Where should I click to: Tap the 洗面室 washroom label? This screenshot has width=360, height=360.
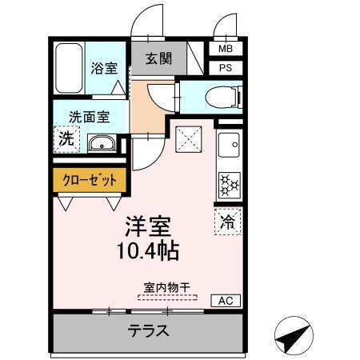pyautogui.click(x=89, y=117)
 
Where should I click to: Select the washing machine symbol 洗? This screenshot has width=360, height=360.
pyautogui.click(x=66, y=138)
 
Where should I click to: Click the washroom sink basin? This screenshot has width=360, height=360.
pyautogui.click(x=102, y=145)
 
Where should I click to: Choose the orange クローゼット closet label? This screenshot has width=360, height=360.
pyautogui.click(x=90, y=180)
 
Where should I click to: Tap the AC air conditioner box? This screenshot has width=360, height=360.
pyautogui.click(x=226, y=302)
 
